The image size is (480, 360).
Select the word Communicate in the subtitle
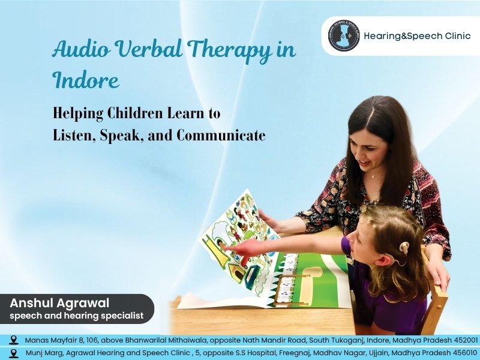220,135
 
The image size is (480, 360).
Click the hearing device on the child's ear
404,248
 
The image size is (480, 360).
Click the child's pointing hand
229,246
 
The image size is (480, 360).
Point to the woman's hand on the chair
439,276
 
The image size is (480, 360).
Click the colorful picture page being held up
237,234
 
